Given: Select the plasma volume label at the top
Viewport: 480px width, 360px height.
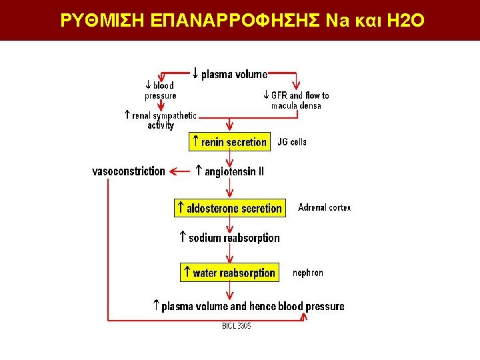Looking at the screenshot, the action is pyautogui.click(x=230, y=74).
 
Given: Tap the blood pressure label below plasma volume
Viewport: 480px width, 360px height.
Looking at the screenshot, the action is pyautogui.click(x=160, y=90).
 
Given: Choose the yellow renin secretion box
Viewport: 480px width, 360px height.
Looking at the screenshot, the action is pyautogui.click(x=229, y=141).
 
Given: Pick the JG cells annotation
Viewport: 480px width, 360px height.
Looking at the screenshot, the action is pyautogui.click(x=292, y=142).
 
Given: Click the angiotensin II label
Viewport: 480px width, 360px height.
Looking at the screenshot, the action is pyautogui.click(x=229, y=171).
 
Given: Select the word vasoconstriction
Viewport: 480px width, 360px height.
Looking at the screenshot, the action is pyautogui.click(x=128, y=171).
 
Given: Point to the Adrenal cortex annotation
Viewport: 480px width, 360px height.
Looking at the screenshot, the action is pyautogui.click(x=324, y=207).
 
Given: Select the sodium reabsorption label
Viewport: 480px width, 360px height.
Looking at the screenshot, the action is pyautogui.click(x=229, y=237).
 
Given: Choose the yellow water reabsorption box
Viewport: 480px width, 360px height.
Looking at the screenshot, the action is pyautogui.click(x=229, y=273).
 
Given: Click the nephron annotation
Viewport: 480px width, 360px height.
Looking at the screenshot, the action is pyautogui.click(x=308, y=273).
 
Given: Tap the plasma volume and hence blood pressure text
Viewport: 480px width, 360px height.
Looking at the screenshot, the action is pyautogui.click(x=248, y=307).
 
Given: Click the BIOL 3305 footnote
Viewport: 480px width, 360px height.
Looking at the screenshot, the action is pyautogui.click(x=236, y=326).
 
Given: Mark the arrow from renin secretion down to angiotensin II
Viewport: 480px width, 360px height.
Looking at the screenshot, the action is pyautogui.click(x=231, y=157).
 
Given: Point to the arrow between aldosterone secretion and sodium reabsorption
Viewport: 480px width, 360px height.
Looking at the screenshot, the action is pyautogui.click(x=231, y=223).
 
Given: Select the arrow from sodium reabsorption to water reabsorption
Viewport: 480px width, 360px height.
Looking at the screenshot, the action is pyautogui.click(x=231, y=254).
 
